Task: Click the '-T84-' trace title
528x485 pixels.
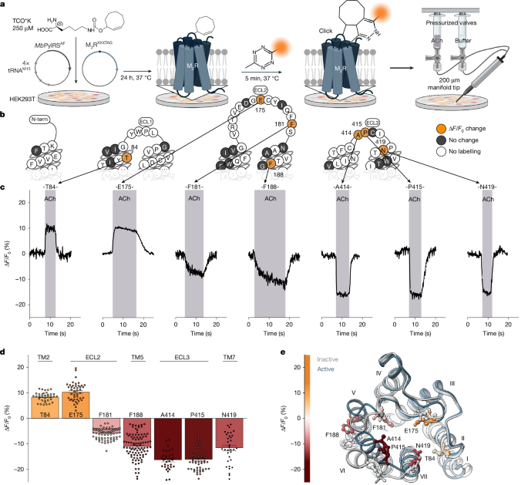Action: [50, 187]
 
